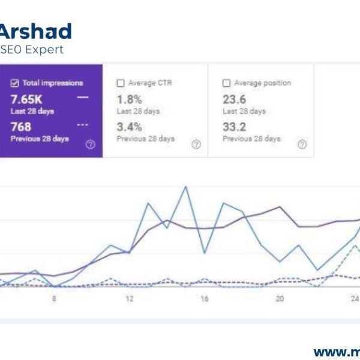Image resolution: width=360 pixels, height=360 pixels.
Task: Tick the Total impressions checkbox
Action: pos(15,83)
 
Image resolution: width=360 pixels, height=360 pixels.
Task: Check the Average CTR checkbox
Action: pos(121,83)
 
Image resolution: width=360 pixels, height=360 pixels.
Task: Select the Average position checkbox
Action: pos(226,83)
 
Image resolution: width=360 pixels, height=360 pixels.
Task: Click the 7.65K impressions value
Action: pos(27,99)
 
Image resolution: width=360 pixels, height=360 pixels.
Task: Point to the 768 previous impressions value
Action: pos(21,127)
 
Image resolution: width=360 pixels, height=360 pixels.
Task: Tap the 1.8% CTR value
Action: pos(129,99)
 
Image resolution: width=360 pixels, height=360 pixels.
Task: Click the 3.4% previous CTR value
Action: pos(129,127)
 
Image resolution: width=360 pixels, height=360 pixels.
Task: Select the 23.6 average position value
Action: pos(235,99)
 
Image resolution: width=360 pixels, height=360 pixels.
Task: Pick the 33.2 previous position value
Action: pos(235,127)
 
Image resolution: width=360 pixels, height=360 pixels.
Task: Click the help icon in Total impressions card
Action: pos(91,145)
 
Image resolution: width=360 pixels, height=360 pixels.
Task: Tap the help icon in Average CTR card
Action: pos(196,145)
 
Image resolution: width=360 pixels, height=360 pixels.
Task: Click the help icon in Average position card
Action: pos(302,145)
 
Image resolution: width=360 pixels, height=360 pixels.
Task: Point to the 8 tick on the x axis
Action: pos(54,299)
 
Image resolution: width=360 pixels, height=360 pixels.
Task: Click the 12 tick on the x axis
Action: pos(129,299)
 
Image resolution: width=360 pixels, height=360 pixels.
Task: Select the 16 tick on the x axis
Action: pos(205,299)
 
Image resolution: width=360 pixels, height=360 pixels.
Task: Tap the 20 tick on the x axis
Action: pos(280,299)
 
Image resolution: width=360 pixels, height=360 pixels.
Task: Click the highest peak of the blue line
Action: pos(185,187)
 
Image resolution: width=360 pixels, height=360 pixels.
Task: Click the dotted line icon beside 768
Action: pos(83,125)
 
